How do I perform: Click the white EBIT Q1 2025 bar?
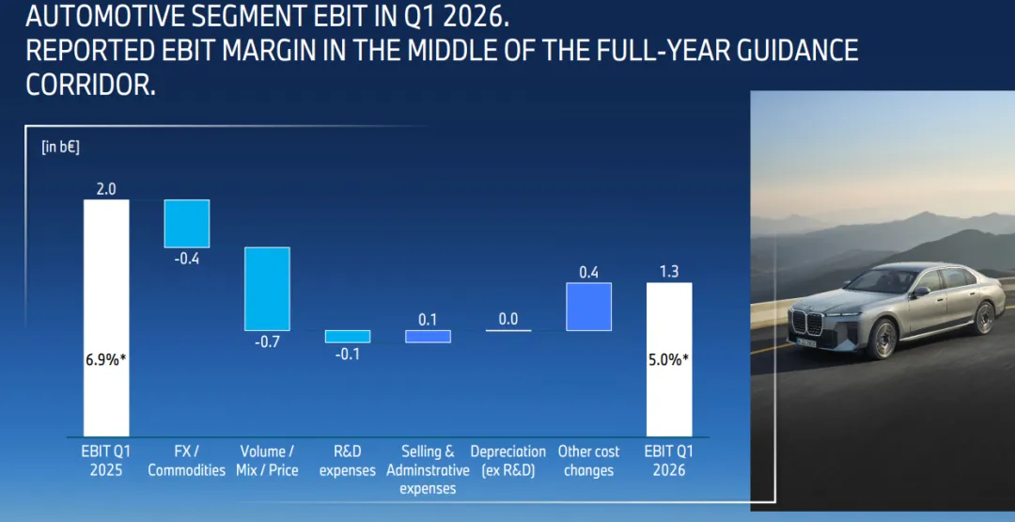point(106,318)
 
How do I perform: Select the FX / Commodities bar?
point(186,224)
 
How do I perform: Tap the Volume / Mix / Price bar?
point(267,289)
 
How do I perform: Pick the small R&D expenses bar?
point(348,337)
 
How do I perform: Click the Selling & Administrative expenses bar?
point(428,337)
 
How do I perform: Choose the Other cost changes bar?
point(589,307)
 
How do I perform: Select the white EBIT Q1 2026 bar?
point(669,359)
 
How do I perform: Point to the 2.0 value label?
point(106,189)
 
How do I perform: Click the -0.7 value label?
point(267,342)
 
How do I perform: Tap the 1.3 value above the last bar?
point(669,272)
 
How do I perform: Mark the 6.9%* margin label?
point(106,360)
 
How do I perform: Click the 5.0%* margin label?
point(669,360)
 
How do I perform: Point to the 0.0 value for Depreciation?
point(508,319)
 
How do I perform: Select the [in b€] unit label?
point(60,147)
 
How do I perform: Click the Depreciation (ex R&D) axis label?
point(508,461)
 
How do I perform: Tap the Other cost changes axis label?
point(589,461)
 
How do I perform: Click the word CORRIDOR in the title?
point(90,85)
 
